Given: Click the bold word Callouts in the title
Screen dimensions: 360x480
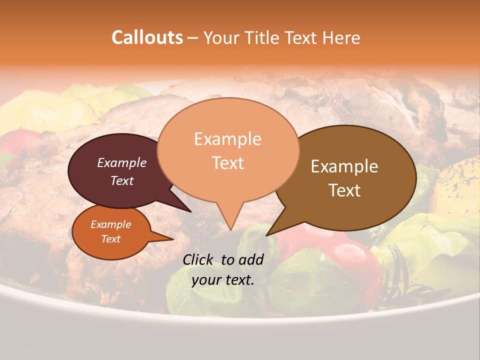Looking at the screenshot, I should pos(147,37).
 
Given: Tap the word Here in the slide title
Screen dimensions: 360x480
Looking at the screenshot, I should pos(341,37).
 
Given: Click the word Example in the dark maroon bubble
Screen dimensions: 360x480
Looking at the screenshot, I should pos(122,162).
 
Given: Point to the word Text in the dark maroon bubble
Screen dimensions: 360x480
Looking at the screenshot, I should pos(122,180).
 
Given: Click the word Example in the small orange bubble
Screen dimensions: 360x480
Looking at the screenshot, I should pos(111,224).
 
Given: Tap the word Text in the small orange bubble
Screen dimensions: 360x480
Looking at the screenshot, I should pos(111,239).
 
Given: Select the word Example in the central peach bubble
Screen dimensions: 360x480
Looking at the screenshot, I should pos(227,139).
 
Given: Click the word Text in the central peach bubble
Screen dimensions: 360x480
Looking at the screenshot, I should pos(227,163).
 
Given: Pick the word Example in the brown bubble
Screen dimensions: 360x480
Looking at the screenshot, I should pos(344,166).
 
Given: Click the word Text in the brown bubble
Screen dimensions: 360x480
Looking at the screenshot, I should pos(344,190).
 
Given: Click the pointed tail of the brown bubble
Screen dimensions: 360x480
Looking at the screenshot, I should pos(268,234).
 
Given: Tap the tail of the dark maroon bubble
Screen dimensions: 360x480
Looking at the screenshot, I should pos(189,210).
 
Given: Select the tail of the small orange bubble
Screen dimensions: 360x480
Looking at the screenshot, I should pos(171,239).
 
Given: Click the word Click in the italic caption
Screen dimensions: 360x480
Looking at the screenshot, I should pos(198,259).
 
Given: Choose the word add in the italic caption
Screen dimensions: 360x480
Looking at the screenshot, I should pos(251,259).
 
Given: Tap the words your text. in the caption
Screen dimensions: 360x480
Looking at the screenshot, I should pos(223,280).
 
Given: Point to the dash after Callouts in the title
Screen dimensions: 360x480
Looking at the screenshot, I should pos(193,37).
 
